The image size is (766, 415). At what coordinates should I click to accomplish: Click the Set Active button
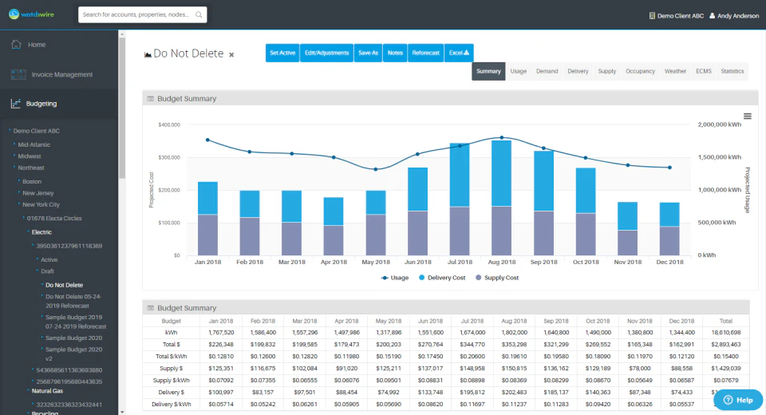[x=282, y=53]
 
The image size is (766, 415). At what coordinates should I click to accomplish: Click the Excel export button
[x=459, y=53]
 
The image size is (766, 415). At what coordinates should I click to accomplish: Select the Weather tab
[x=675, y=71]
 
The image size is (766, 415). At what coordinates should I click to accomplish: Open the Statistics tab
[x=732, y=71]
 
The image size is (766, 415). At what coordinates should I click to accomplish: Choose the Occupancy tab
[x=640, y=71]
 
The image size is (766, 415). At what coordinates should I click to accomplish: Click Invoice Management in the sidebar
[x=61, y=74]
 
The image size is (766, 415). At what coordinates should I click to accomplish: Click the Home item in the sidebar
[x=37, y=45]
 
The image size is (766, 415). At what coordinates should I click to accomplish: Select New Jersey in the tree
[x=39, y=192]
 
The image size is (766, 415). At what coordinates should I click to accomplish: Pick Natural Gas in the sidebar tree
[x=47, y=391]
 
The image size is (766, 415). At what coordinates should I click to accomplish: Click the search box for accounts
[x=142, y=14]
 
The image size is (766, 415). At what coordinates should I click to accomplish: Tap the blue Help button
[x=738, y=400]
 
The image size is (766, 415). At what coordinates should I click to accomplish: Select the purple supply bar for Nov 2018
[x=627, y=243]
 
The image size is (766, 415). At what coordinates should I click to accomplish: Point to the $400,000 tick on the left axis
[x=168, y=125]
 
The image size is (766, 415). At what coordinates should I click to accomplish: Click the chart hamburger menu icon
[x=747, y=117]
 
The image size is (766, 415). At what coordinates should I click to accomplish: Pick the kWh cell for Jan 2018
[x=221, y=331]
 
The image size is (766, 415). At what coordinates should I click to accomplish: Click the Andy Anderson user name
[x=738, y=15]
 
